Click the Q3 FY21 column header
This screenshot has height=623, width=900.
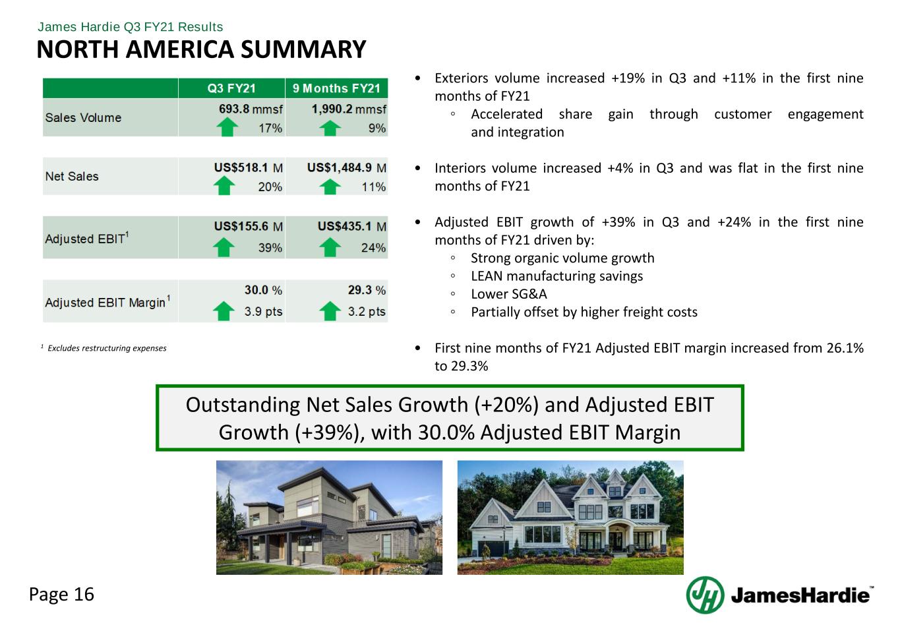[x=231, y=88]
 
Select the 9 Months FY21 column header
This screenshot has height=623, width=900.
[x=336, y=88]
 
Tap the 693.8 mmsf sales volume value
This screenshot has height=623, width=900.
[x=251, y=109]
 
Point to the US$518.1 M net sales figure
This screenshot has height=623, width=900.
[x=249, y=168]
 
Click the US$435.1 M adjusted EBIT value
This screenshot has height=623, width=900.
[x=352, y=227]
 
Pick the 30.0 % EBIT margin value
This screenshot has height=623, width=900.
[x=263, y=290]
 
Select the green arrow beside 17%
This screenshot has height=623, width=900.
[x=227, y=127]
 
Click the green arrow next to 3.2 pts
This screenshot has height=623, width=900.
[x=330, y=311]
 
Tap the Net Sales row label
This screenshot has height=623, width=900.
[x=72, y=176]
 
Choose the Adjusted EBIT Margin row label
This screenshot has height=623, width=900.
[x=107, y=302]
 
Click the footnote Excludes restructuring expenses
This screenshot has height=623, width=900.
[x=107, y=348]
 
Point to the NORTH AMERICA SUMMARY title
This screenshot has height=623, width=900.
[x=201, y=49]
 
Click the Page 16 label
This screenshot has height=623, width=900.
[x=61, y=595]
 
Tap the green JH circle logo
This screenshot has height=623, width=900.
[x=705, y=595]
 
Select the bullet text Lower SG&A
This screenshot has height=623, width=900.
[x=508, y=294]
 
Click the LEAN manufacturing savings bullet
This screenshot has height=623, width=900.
[x=557, y=276]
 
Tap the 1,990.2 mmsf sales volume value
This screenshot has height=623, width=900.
[x=349, y=109]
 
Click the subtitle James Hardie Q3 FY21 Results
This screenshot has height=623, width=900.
[x=130, y=27]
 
